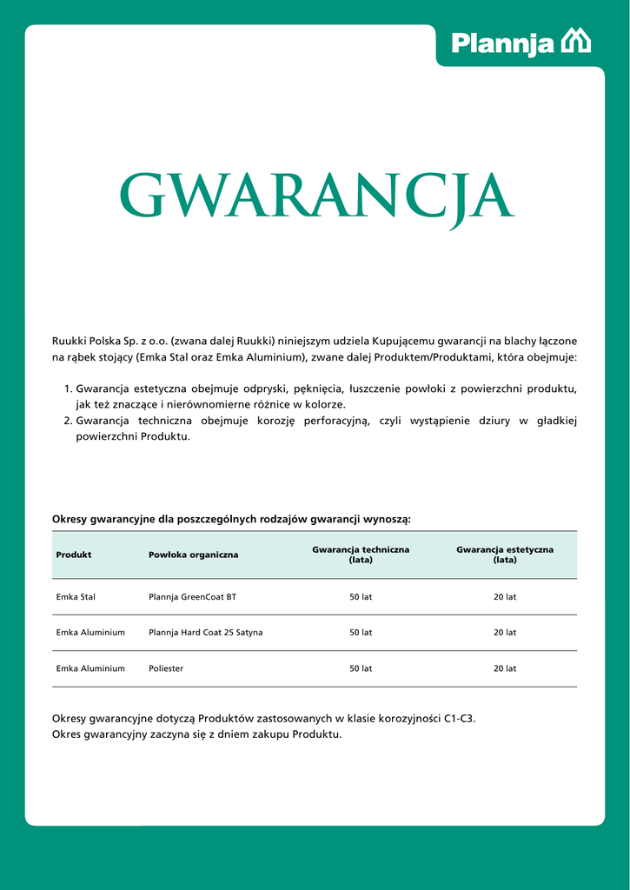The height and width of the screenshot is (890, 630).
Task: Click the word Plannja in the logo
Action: (x=502, y=43)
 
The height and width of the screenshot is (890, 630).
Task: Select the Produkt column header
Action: (x=74, y=555)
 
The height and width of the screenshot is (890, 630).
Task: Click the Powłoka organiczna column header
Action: (x=193, y=555)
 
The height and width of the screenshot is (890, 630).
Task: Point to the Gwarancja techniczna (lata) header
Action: (x=361, y=555)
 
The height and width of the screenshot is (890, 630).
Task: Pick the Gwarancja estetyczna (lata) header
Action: (x=505, y=555)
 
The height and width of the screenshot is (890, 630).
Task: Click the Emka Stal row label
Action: (x=76, y=597)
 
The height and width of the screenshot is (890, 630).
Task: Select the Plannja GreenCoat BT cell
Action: (x=192, y=597)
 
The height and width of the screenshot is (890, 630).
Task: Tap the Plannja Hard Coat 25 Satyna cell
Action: (x=206, y=633)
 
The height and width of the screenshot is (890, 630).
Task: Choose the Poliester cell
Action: (x=166, y=668)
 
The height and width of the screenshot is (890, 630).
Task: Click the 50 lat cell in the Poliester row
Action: (x=361, y=668)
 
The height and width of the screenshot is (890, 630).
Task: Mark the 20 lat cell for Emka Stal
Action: (x=505, y=597)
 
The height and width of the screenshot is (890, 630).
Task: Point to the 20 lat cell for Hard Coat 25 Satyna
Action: (x=505, y=633)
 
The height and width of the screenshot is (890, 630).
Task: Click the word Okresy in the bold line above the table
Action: (x=70, y=519)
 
